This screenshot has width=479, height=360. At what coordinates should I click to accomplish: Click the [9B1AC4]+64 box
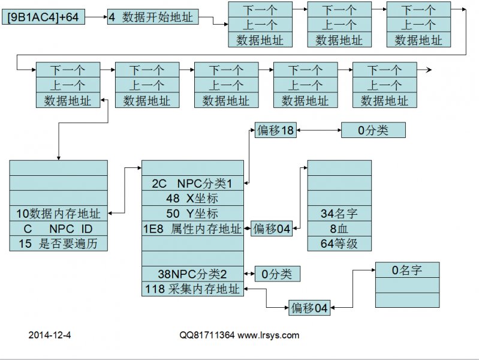[x=43, y=17]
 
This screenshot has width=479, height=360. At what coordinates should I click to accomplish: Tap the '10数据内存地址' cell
[x=59, y=213]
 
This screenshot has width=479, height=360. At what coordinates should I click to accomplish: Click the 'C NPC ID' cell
[x=59, y=229]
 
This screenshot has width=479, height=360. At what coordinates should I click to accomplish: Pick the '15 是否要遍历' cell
[x=59, y=244]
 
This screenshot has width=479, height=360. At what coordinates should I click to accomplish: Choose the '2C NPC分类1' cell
[x=192, y=183]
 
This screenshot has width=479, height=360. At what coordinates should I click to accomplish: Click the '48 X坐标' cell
[x=192, y=198]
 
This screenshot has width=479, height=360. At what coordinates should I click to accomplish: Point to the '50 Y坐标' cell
[x=192, y=214]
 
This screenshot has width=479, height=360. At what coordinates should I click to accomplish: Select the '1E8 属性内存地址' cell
[x=192, y=229]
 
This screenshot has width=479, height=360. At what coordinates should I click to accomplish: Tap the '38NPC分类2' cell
[x=192, y=274]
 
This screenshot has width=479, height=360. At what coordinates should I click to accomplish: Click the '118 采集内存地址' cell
[x=192, y=289]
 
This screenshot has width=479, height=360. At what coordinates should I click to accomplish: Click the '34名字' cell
[x=339, y=213]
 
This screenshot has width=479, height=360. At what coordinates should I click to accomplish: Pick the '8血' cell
[x=339, y=229]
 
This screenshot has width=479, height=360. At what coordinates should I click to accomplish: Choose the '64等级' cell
[x=339, y=244]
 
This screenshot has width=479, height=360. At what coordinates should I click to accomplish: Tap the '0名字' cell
[x=407, y=271]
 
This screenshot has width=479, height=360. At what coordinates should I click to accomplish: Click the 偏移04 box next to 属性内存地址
[x=271, y=229]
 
